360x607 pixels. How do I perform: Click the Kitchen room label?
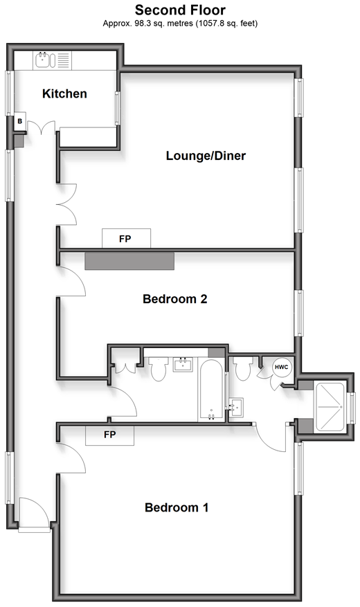click(64, 93)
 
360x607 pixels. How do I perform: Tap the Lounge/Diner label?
click(206, 156)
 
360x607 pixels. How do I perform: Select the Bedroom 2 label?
click(175, 299)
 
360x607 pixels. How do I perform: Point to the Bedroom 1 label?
click(177, 507)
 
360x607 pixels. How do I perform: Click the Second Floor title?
click(180, 10)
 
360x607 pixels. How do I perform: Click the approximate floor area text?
click(180, 24)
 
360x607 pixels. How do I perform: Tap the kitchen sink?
click(43, 60)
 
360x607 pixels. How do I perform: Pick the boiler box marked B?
click(20, 122)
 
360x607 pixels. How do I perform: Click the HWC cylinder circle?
click(282, 367)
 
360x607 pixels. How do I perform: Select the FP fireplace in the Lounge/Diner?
click(126, 239)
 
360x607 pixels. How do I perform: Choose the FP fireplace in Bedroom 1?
click(109, 435)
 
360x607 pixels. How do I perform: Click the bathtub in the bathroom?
click(211, 390)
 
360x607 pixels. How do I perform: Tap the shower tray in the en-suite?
click(330, 407)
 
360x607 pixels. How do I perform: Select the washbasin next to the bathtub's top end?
click(183, 364)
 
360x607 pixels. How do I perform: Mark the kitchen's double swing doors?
click(41, 128)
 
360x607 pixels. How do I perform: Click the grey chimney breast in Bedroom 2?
click(129, 261)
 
